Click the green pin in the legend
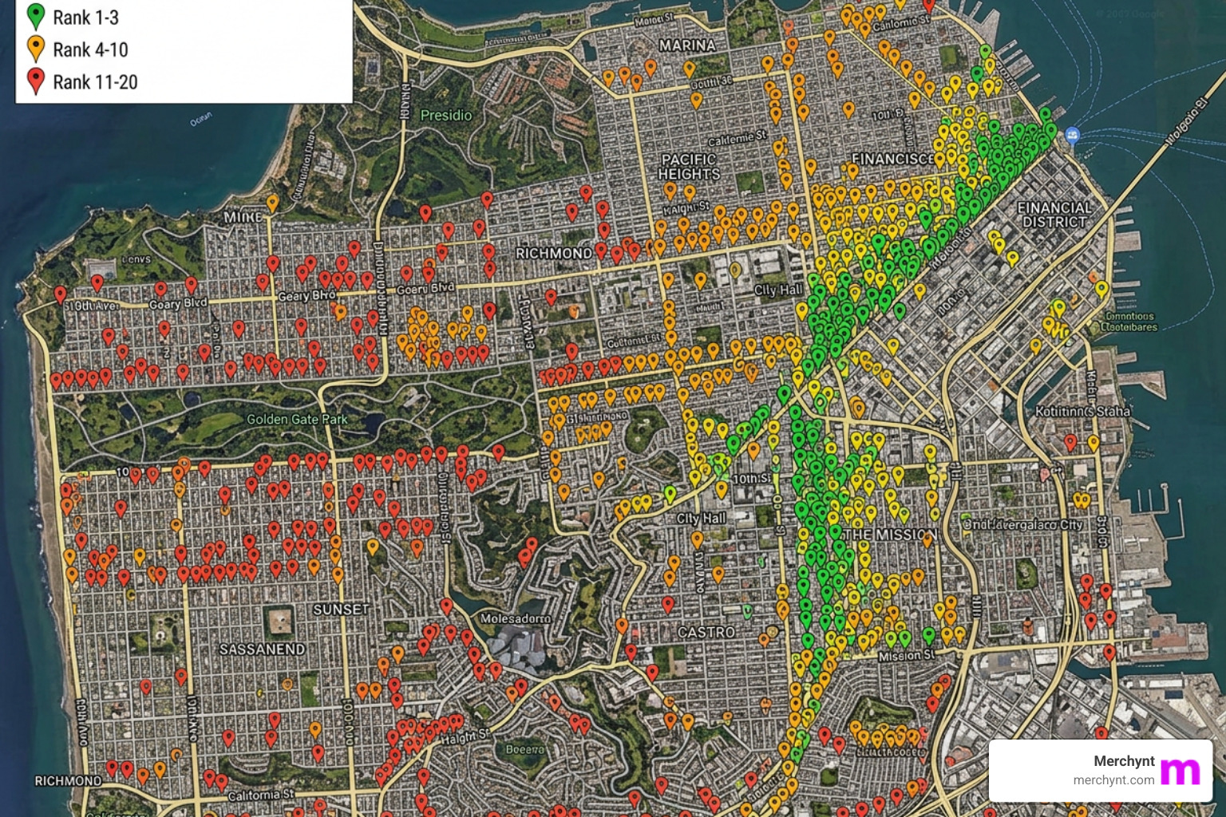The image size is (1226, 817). (35, 15)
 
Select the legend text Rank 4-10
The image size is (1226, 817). (90, 50)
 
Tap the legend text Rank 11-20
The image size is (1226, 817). (95, 82)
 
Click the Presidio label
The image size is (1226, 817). (445, 116)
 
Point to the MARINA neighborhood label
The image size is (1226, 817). (686, 45)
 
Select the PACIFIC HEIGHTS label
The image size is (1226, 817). (689, 167)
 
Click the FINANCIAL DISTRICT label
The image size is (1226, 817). (1054, 215)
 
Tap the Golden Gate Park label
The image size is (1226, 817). (297, 419)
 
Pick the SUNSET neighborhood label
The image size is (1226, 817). (341, 610)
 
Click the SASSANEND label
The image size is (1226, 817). (262, 649)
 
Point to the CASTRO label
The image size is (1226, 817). (706, 632)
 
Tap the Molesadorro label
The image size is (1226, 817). (515, 618)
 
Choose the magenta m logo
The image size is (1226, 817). (1180, 772)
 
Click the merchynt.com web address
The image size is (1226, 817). (1113, 780)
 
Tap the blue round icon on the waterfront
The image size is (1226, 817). (1072, 136)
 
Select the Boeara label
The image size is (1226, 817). (524, 749)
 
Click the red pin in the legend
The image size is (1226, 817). (35, 81)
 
